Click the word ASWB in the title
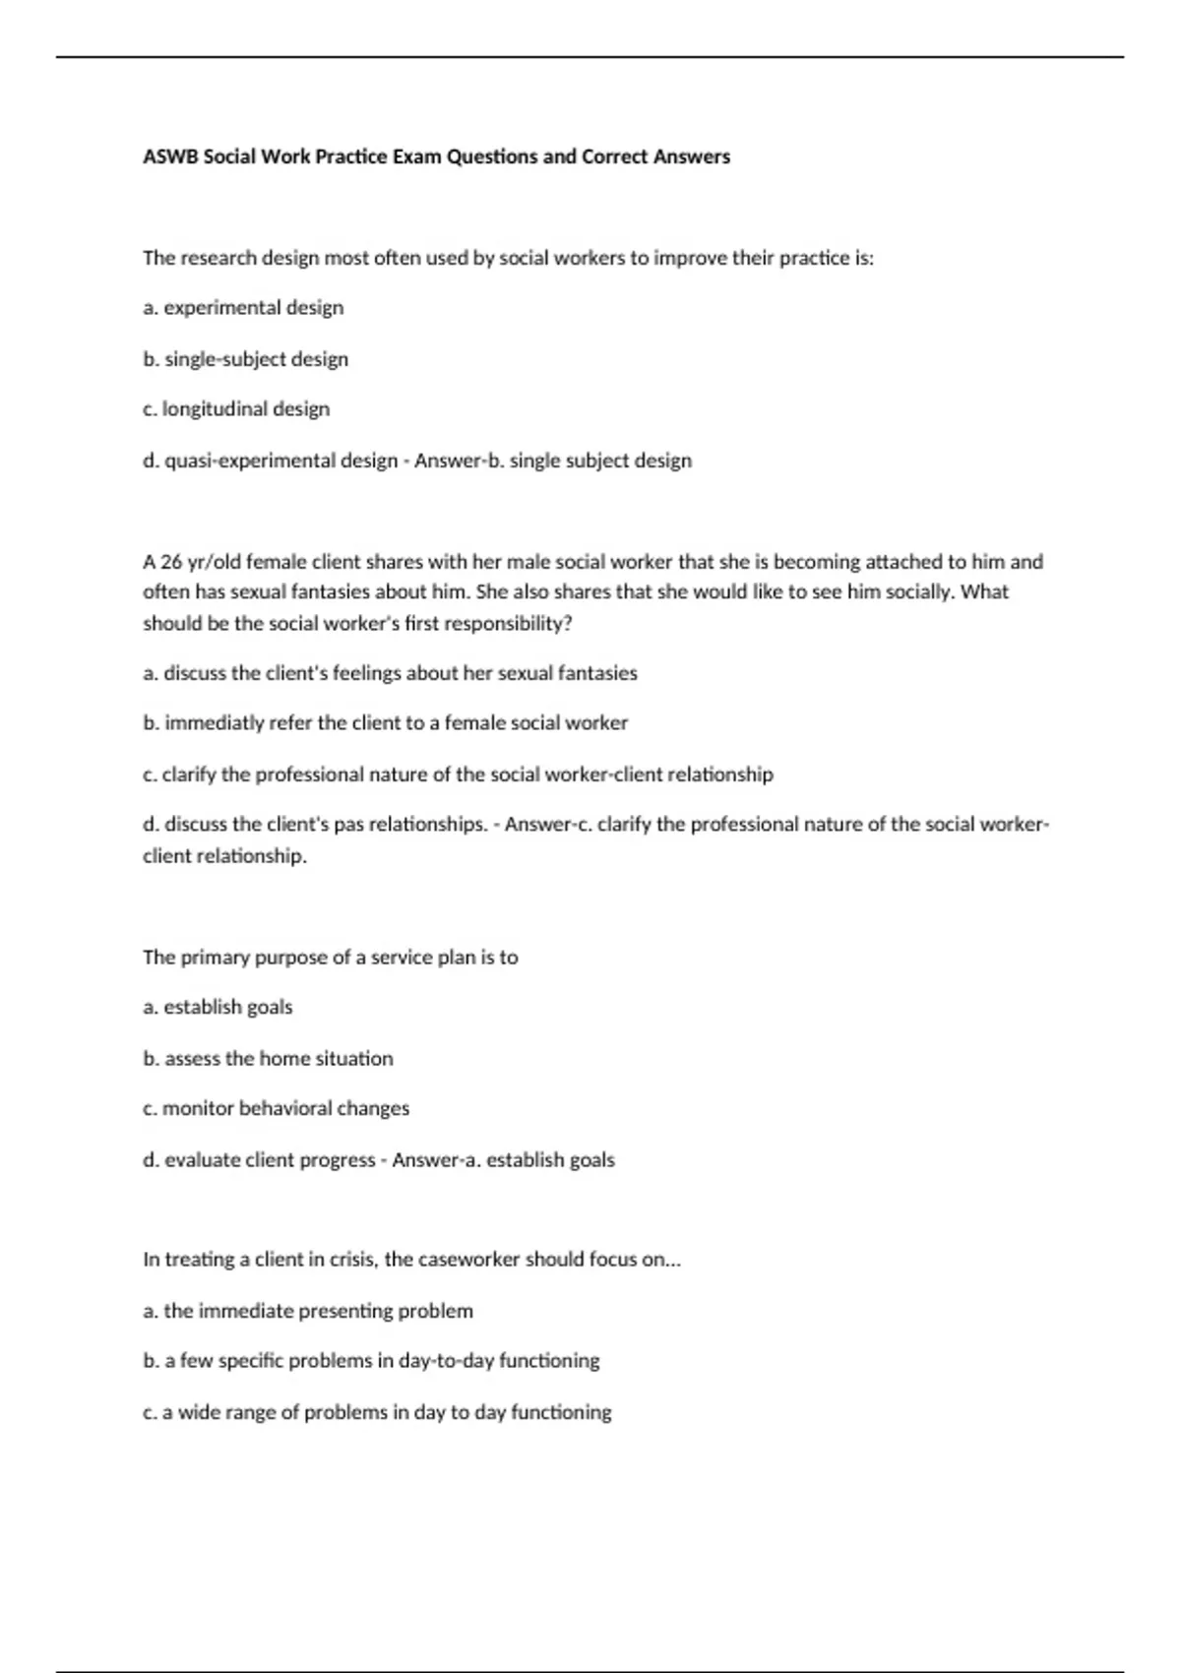click(170, 156)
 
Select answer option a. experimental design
click(243, 308)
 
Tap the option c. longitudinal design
click(236, 409)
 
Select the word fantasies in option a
click(597, 673)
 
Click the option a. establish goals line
click(218, 1007)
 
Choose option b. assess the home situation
click(268, 1059)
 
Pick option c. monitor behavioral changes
click(276, 1109)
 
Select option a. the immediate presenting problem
click(308, 1311)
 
